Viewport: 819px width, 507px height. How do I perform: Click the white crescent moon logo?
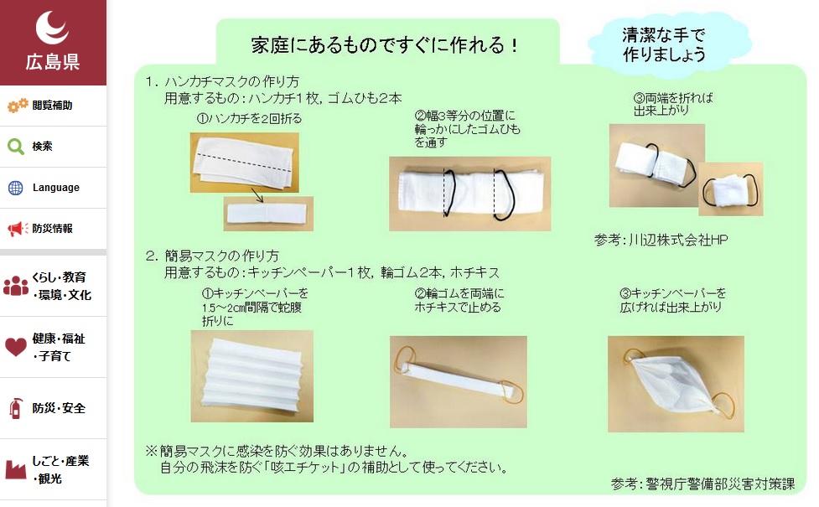54,28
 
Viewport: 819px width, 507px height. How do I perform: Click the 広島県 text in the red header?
53,61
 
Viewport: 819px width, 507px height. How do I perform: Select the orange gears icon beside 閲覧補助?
17,106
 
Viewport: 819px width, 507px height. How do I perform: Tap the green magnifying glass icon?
16,147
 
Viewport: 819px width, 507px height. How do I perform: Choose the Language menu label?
56,188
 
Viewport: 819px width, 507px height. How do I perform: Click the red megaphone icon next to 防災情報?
17,229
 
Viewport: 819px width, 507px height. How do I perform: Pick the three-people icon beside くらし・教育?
16,286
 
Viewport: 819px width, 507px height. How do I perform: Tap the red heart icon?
16,347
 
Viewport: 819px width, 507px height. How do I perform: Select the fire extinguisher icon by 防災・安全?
15,408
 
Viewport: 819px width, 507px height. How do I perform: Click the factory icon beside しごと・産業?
16,469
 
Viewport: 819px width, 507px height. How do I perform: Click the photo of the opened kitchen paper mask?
675,384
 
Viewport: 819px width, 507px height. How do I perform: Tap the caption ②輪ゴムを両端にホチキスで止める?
458,301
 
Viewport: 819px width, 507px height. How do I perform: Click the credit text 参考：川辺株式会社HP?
661,240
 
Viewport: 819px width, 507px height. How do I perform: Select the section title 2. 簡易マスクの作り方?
212,256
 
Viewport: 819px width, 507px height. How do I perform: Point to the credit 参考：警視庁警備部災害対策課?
702,484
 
